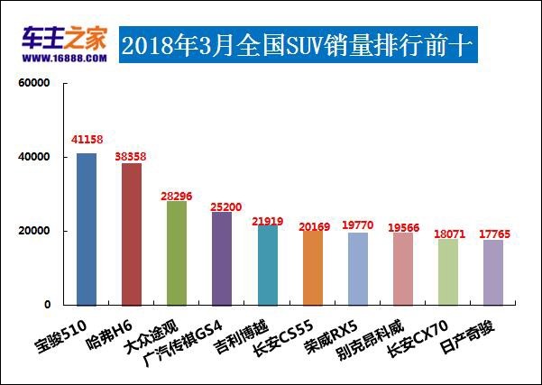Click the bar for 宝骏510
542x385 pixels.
pyautogui.click(x=87, y=229)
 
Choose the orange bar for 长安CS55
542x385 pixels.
pyautogui.click(x=312, y=268)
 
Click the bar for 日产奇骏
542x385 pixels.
pyautogui.click(x=492, y=272)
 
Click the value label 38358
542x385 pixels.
pyautogui.click(x=133, y=156)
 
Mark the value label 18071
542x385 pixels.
pyautogui.click(x=448, y=234)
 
